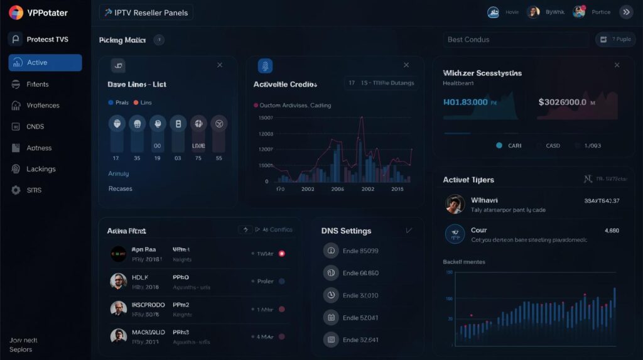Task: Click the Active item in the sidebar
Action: pyautogui.click(x=45, y=63)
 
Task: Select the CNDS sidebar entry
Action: pyautogui.click(x=35, y=127)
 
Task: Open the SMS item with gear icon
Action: pyautogui.click(x=34, y=190)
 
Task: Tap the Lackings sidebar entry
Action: pyautogui.click(x=41, y=169)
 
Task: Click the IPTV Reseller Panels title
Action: pyautogui.click(x=146, y=13)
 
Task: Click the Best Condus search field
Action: pyautogui.click(x=515, y=40)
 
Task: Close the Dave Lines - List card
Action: pyautogui.click(x=220, y=65)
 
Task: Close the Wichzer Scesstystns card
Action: pyautogui.click(x=617, y=65)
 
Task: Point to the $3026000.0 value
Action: pyautogui.click(x=563, y=102)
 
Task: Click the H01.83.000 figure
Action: pyautogui.click(x=465, y=102)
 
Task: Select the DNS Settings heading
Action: pyautogui.click(x=346, y=231)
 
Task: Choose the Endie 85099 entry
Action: pyautogui.click(x=360, y=251)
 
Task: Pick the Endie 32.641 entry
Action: pyautogui.click(x=360, y=340)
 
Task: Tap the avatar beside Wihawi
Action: pyautogui.click(x=455, y=204)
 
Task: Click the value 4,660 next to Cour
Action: pyautogui.click(x=612, y=231)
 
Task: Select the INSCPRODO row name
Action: pyautogui.click(x=148, y=305)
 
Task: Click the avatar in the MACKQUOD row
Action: pyautogui.click(x=118, y=336)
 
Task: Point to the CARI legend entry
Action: pyautogui.click(x=514, y=146)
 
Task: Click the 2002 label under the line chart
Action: pyautogui.click(x=308, y=188)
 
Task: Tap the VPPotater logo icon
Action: pyautogui.click(x=16, y=13)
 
